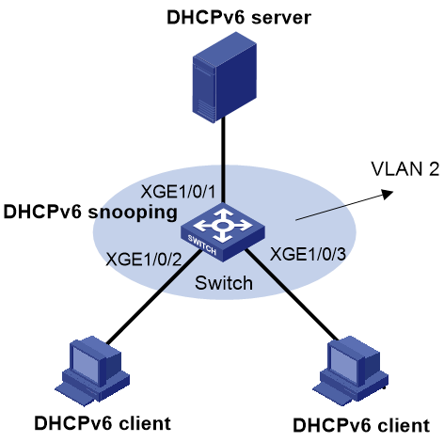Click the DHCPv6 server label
[239, 17]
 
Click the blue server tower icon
[224, 78]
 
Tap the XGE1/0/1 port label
[178, 192]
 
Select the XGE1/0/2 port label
[144, 260]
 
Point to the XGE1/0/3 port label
[308, 254]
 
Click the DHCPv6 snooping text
[90, 213]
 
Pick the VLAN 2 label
[405, 169]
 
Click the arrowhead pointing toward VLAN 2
[388, 194]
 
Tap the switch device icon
[223, 232]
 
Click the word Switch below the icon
[224, 283]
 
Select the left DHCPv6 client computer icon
[93, 371]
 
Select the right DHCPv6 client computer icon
[351, 371]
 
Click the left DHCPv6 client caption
[103, 423]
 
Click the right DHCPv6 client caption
[361, 425]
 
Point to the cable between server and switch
[223, 160]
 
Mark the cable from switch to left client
[153, 296]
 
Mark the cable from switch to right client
[292, 294]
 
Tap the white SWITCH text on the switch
[202, 245]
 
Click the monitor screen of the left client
[86, 361]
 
